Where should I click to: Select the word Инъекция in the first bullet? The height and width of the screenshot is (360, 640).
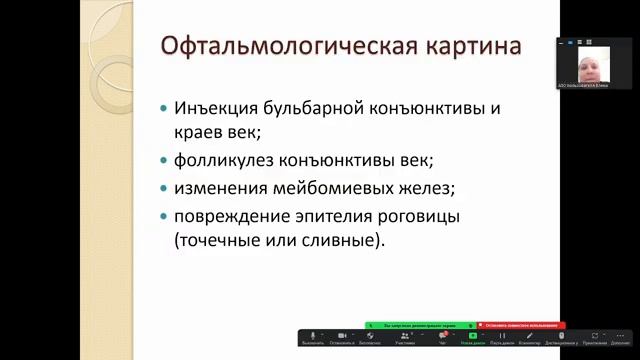(x=214, y=108)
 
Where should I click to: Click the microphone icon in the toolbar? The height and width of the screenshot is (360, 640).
(x=312, y=335)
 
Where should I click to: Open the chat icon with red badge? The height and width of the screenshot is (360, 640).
(x=442, y=335)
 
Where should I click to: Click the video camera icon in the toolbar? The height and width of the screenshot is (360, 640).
(x=342, y=335)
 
